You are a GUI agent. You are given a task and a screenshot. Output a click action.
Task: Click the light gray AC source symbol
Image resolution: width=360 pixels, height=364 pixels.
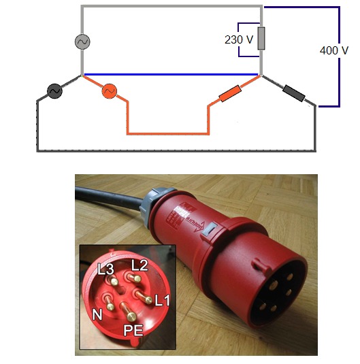(82, 42)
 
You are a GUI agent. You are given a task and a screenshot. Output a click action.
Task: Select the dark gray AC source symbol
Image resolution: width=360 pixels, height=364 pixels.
(54, 90)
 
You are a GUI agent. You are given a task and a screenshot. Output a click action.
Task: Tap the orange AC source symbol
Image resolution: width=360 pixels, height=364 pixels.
(109, 90)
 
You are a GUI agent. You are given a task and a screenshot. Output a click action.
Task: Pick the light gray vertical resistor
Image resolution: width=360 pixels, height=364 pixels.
(261, 38)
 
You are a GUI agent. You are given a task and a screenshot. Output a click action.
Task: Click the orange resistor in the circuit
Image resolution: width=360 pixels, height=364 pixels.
(230, 93)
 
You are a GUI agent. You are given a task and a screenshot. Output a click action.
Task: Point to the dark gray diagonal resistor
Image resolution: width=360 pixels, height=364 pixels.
(293, 93)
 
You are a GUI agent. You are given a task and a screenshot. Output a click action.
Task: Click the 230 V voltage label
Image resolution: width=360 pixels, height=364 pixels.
(239, 39)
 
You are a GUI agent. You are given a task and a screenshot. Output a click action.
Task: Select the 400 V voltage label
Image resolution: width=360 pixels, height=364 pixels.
(334, 50)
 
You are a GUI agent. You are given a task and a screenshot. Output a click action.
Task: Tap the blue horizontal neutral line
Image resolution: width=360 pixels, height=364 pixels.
(171, 75)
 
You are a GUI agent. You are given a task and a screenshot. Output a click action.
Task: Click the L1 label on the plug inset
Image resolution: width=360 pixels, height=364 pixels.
(162, 300)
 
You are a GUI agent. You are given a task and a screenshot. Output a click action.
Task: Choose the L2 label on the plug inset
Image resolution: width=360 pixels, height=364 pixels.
(140, 265)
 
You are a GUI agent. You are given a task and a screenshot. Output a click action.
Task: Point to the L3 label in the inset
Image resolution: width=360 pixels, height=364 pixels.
(105, 269)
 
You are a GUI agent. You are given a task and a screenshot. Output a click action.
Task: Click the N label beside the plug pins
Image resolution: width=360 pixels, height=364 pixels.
(97, 314)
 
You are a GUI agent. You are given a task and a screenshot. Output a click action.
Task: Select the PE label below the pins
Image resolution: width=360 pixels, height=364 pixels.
(133, 330)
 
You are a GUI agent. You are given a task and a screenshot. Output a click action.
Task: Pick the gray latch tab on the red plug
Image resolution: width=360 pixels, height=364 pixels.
(210, 229)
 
